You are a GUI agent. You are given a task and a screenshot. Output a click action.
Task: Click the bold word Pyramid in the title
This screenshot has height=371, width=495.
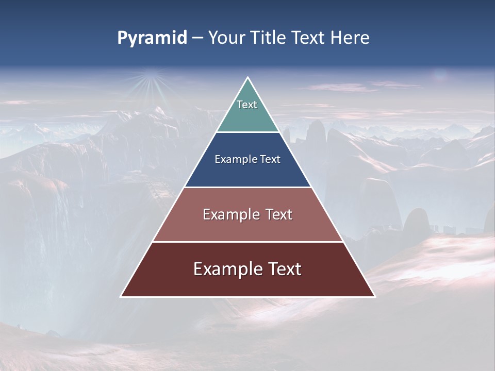(152, 38)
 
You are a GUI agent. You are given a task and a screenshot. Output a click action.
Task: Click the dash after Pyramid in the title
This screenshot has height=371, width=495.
(197, 38)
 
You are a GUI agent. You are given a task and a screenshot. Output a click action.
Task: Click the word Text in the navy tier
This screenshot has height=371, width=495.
(270, 159)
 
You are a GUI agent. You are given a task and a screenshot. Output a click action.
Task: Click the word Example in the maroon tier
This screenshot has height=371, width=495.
(225, 269)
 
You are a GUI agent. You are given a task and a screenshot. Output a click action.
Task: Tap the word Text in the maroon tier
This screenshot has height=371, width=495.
(285, 269)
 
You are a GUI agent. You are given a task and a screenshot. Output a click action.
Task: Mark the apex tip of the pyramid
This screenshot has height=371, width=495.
(248, 78)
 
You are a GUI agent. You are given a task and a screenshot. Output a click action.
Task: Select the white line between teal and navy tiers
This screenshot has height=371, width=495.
(247, 132)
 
